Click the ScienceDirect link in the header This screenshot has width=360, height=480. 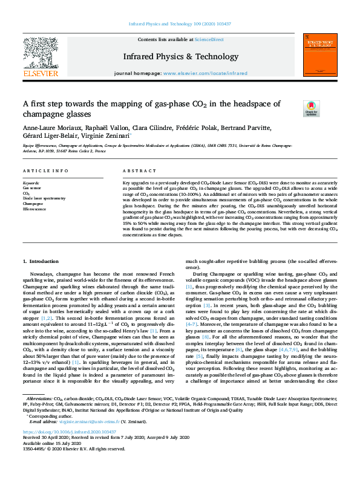[x=208, y=39]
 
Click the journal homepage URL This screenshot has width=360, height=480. [x=205, y=73]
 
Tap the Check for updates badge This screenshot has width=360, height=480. [x=311, y=108]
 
